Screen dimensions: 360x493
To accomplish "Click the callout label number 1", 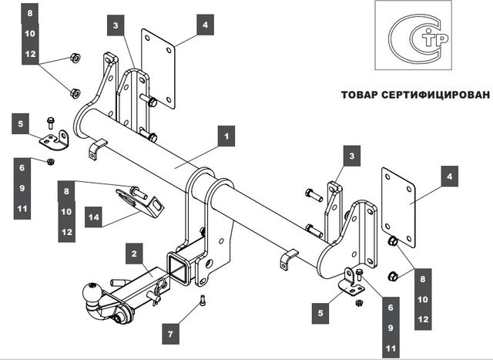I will (226, 137).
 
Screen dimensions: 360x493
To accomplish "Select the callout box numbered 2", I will (133, 253).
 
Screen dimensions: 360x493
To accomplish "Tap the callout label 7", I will (172, 334).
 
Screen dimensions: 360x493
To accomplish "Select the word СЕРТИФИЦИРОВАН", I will (440, 96).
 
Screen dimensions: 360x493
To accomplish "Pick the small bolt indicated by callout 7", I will (201, 301).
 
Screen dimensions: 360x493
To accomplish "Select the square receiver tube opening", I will (177, 267).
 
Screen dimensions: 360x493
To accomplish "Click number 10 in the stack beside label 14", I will (66, 211).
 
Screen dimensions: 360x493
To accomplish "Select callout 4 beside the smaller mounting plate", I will (204, 25).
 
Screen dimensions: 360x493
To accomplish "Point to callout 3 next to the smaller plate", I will (115, 25).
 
